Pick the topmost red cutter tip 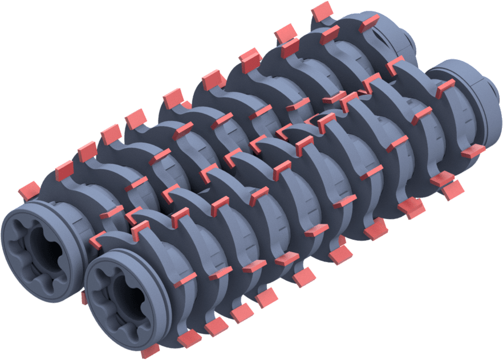pyautogui.click(x=322, y=10)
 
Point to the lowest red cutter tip pyautogui.click(x=150, y=350)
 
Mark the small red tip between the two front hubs pyautogui.click(x=84, y=297)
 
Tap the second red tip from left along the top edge pyautogui.click(x=64, y=169)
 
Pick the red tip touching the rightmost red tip pyautogui.click(x=454, y=189)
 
